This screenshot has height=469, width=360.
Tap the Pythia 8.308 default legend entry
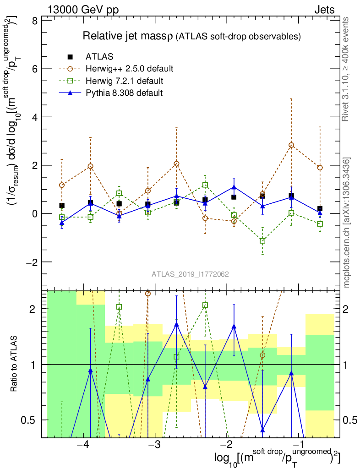(124, 93)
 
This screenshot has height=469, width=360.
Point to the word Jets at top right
(324, 10)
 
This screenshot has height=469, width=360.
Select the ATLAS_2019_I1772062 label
(190, 274)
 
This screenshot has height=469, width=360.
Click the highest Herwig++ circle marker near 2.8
(291, 145)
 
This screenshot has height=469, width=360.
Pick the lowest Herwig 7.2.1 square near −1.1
(262, 241)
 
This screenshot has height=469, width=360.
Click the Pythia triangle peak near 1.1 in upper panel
(234, 187)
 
